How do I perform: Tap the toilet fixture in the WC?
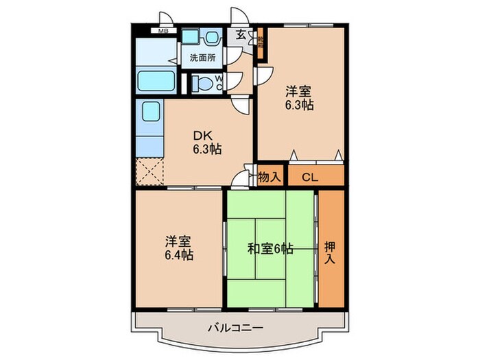coord(201,84)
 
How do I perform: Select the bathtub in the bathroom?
coord(158,80)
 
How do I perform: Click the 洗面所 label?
coord(202,58)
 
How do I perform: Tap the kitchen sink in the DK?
coord(149,112)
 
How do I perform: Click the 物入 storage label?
coord(269,176)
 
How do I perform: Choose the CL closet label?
coord(310,177)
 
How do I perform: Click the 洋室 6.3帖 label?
coord(300,98)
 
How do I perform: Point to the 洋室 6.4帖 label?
coord(178,248)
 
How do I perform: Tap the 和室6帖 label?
coord(271,249)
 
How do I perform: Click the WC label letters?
coord(219,82)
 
